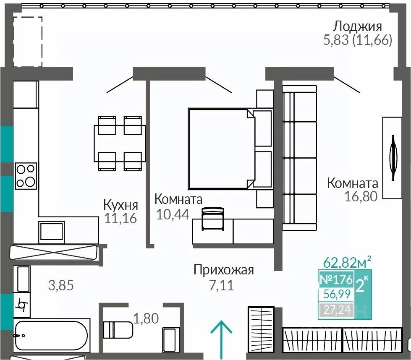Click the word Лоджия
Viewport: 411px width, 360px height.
[x=357, y=27]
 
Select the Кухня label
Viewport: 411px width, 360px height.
[x=121, y=205]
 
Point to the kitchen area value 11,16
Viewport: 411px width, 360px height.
[x=120, y=218]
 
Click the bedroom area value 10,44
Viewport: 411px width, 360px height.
[x=173, y=214]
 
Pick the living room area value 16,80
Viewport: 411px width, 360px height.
[x=361, y=196]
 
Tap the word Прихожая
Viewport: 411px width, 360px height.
[x=224, y=270]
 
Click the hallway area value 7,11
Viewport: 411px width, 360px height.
[x=221, y=285]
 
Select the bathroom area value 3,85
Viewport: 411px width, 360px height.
[x=61, y=285]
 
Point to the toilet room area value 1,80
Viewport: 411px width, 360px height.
[x=146, y=318]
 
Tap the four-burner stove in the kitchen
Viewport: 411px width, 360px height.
[x=26, y=175]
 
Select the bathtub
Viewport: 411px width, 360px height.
[x=51, y=334]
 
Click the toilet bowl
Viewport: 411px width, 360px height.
[x=118, y=330]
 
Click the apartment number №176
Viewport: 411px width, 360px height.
[x=336, y=279]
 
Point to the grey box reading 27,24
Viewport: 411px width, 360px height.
[x=336, y=310]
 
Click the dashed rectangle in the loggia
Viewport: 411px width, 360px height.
[x=27, y=42]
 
